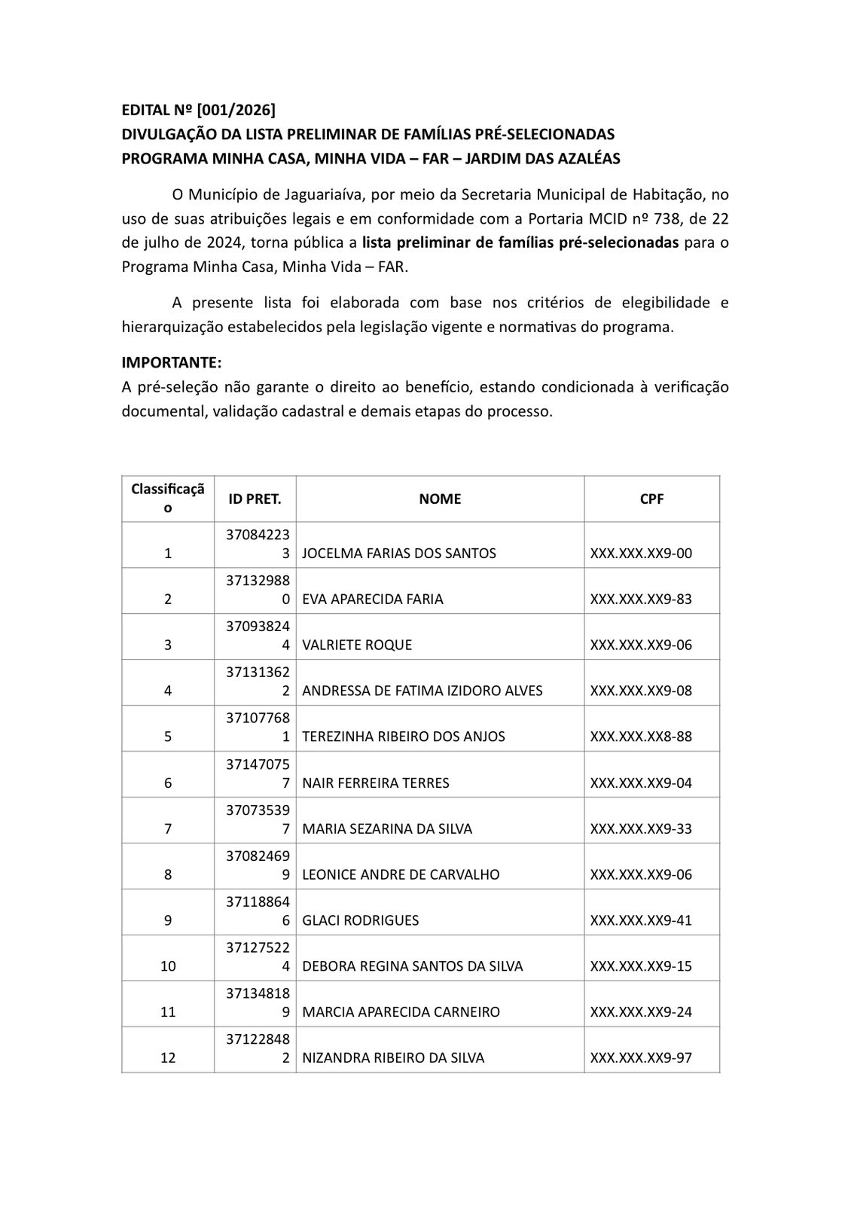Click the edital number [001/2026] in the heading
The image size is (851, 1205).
[236, 110]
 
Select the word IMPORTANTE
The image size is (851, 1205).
[171, 362]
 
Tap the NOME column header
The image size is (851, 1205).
[440, 499]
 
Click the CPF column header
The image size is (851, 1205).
[651, 499]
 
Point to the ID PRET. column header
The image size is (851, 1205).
[255, 499]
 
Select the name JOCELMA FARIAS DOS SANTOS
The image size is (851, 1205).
[399, 553]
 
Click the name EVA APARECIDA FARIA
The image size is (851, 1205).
[373, 599]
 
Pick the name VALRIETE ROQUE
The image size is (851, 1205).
[357, 645]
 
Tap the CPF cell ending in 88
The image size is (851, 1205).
[641, 737]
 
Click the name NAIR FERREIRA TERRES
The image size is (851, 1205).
[376, 782]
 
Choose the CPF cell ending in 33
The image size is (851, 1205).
[641, 828]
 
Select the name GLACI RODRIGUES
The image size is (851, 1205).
[361, 920]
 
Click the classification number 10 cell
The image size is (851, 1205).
[168, 966]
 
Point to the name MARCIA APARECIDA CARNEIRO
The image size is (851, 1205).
[401, 1012]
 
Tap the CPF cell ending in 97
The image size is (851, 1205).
[641, 1058]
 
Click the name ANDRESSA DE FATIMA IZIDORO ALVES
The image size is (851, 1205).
[422, 691]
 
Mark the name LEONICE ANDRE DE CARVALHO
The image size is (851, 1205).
[401, 874]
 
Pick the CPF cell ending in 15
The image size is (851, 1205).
[641, 966]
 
